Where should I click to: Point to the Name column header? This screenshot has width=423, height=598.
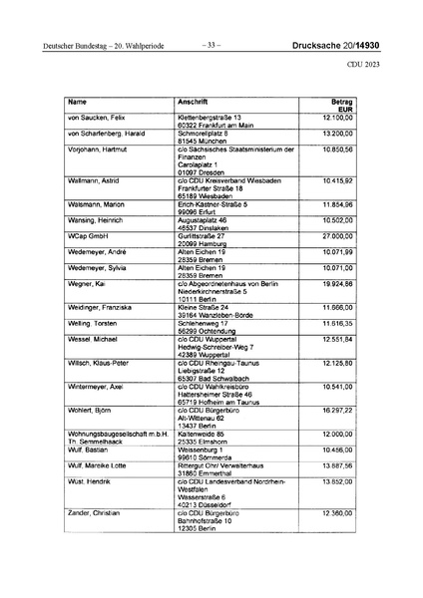tap(77, 102)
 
